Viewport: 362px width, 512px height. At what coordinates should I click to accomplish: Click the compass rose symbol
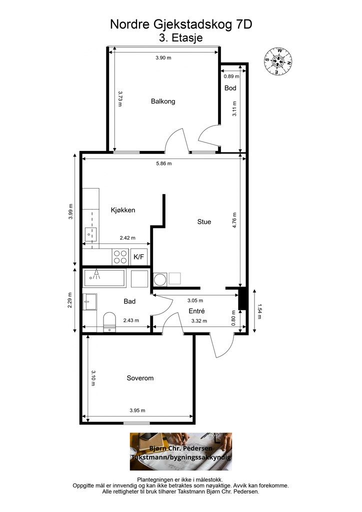pyautogui.click(x=278, y=60)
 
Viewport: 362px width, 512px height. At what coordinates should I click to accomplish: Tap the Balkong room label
pyautogui.click(x=163, y=101)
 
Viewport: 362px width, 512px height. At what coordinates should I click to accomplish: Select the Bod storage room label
pyautogui.click(x=230, y=88)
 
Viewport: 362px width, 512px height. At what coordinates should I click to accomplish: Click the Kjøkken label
pyautogui.click(x=122, y=210)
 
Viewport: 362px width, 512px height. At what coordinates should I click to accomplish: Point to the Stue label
pyautogui.click(x=204, y=221)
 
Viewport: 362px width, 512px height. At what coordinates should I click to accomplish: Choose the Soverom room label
pyautogui.click(x=140, y=378)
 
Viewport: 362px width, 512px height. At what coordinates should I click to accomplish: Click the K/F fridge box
pyautogui.click(x=138, y=256)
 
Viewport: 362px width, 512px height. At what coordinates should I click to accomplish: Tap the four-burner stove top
pyautogui.click(x=120, y=256)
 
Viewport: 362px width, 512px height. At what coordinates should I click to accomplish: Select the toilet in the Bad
pyautogui.click(x=109, y=322)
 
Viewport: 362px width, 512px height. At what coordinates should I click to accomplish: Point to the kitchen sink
pyautogui.click(x=90, y=234)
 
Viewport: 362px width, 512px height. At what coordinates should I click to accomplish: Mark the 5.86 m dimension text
pyautogui.click(x=163, y=163)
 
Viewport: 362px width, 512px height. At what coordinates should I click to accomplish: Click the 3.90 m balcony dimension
pyautogui.click(x=163, y=58)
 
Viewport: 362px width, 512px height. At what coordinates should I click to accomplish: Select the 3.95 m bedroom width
pyautogui.click(x=137, y=410)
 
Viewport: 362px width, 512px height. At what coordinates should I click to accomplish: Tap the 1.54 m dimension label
pyautogui.click(x=259, y=311)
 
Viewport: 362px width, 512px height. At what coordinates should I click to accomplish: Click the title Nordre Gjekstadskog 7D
pyautogui.click(x=181, y=24)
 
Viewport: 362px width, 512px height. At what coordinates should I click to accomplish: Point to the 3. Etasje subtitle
pyautogui.click(x=181, y=37)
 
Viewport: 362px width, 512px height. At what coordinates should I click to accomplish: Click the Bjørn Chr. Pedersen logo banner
pyautogui.click(x=181, y=451)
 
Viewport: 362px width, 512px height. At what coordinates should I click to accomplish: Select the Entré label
pyautogui.click(x=196, y=311)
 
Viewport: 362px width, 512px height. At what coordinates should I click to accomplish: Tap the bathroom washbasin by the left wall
pyautogui.click(x=90, y=301)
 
